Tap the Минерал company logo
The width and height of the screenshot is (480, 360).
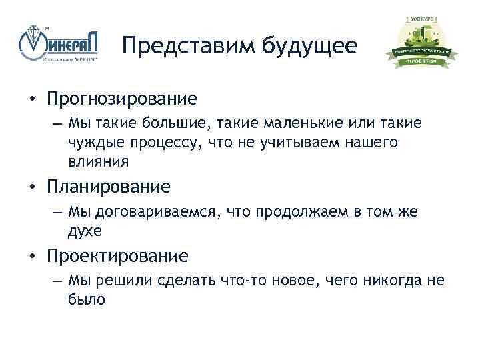click(61, 45)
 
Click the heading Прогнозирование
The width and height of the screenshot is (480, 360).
click(122, 99)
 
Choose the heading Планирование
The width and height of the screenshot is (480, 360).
click(108, 186)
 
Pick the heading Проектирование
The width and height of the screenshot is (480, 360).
click(117, 255)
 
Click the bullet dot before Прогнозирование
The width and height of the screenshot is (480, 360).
click(31, 99)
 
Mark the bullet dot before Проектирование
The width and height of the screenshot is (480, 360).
click(31, 256)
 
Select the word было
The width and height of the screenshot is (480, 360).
click(86, 299)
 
